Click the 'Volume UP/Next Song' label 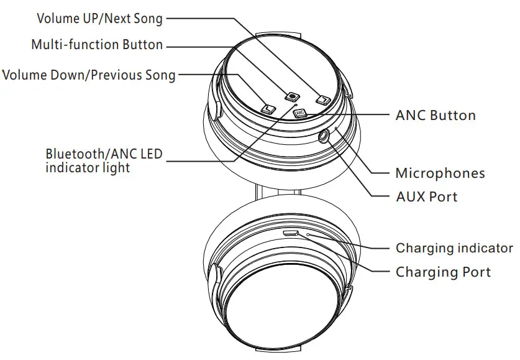(99, 19)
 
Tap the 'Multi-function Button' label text (97, 45)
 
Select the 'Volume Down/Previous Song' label (89, 75)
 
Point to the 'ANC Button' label (436, 115)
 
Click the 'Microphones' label (440, 173)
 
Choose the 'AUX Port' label (426, 197)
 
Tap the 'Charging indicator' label (454, 248)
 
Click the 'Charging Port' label (443, 272)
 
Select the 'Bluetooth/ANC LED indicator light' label (103, 160)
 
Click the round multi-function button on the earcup (292, 96)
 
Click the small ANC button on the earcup (299, 113)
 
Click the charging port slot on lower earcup (291, 234)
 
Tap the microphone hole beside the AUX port (336, 129)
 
